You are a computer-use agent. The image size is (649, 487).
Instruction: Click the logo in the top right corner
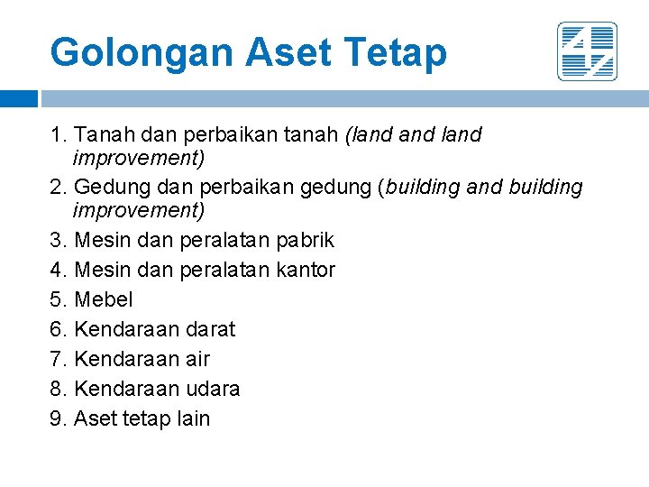[x=587, y=51]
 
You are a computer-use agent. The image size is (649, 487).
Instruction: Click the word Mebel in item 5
[x=103, y=299]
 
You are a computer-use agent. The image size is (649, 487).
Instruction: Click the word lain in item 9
[x=193, y=418]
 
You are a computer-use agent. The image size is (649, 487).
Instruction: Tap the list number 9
[x=57, y=418]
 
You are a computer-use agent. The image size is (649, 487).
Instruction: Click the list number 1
[x=57, y=135]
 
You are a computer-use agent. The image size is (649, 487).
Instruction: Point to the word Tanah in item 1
[x=102, y=135]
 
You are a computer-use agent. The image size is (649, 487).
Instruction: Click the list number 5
[x=57, y=299]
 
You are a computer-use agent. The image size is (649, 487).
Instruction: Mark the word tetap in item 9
[x=144, y=418]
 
